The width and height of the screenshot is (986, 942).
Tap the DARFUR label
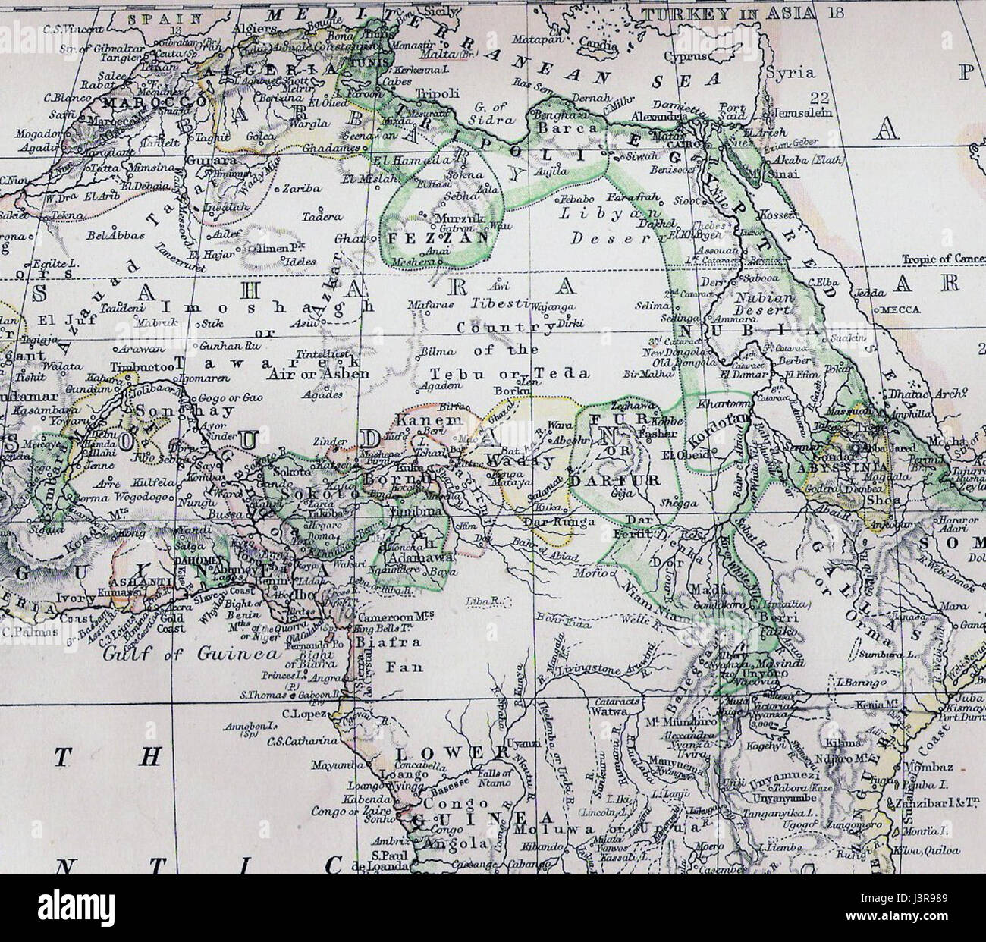624,481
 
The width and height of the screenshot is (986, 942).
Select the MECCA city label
900,309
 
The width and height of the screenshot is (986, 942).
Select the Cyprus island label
688,56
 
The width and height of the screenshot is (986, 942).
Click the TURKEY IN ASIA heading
730,13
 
